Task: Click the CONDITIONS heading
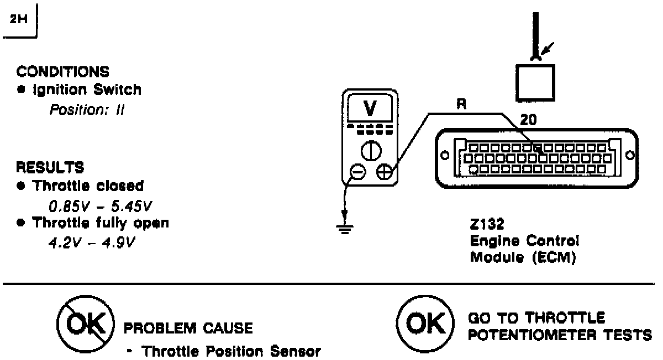[x=62, y=72]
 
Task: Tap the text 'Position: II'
[x=87, y=109]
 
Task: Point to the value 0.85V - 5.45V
[x=100, y=206]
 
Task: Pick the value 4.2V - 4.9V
[x=93, y=243]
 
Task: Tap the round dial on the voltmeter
[x=370, y=150]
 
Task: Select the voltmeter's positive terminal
[x=383, y=173]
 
